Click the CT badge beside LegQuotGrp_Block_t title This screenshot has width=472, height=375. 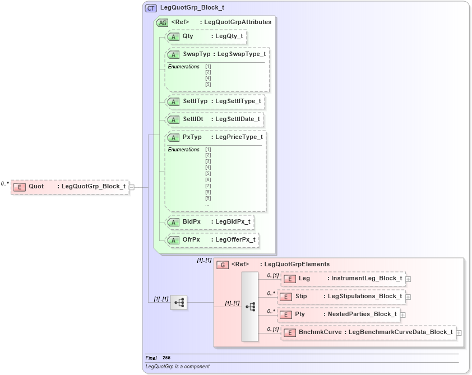point(151,8)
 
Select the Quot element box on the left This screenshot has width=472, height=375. point(70,187)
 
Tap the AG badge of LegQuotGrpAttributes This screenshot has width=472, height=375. point(162,22)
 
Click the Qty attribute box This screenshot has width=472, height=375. point(206,36)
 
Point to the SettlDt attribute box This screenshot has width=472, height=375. point(215,120)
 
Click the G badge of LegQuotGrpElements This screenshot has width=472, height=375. point(223,265)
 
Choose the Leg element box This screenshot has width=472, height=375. point(343,279)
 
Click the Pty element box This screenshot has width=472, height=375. point(340,314)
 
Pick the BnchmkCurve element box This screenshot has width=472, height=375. point(368,332)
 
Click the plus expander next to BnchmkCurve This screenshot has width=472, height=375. point(459,333)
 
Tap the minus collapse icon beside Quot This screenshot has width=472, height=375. point(132,187)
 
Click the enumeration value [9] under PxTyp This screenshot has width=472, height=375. point(208,198)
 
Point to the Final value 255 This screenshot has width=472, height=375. point(166,358)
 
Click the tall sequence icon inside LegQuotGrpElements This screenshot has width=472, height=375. point(250,307)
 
